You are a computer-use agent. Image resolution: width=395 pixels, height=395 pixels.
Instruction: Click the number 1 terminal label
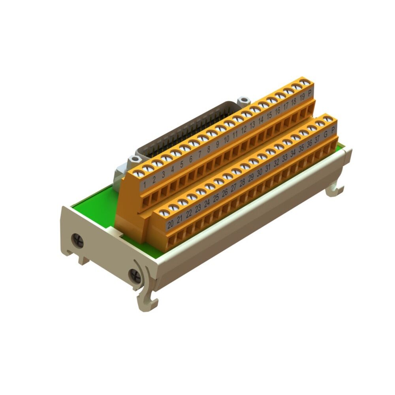click(145, 184)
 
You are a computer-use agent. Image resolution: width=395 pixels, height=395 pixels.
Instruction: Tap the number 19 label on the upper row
click(302, 97)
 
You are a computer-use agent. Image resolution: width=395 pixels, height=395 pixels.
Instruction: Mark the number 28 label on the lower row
click(242, 182)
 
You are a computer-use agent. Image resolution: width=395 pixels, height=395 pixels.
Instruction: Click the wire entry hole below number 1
click(146, 202)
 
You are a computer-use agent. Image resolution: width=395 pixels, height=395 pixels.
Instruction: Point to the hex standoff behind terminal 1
click(135, 159)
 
